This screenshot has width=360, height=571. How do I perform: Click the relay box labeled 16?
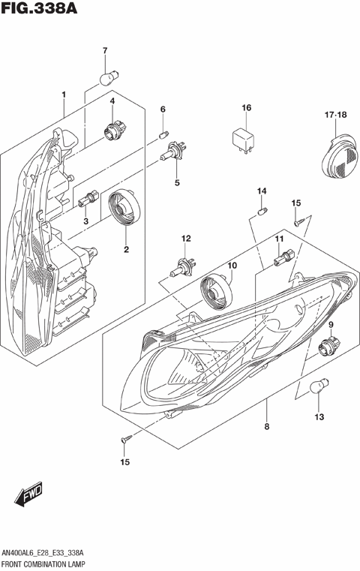[244, 140]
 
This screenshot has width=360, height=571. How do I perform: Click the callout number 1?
[64, 95]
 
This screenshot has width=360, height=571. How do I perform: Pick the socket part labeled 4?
[114, 131]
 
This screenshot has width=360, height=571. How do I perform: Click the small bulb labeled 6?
[163, 135]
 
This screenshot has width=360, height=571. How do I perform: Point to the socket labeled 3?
[88, 197]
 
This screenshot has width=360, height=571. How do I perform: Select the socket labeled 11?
[281, 261]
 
